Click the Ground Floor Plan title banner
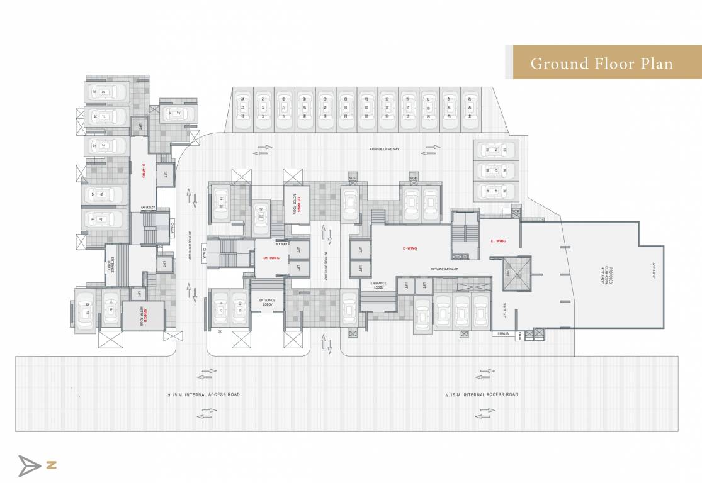pos(601,63)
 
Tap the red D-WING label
pos(144,169)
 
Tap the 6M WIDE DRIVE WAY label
pos(385,149)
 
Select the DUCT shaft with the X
pos(517,274)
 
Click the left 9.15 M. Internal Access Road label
pos(204,394)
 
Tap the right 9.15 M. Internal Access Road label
pos(482,394)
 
